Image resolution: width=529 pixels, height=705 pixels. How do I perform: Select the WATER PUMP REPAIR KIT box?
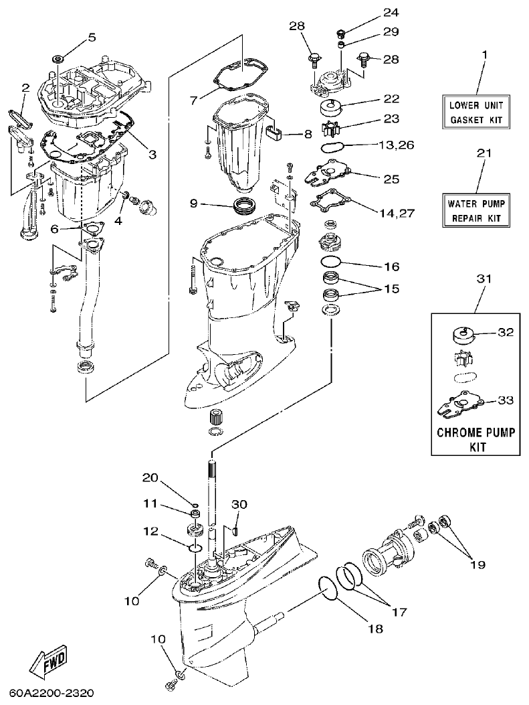point(476,210)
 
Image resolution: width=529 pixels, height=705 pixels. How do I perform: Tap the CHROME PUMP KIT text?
point(475,439)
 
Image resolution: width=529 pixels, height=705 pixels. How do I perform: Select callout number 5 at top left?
point(92,36)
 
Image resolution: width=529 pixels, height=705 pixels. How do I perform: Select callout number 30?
point(239,503)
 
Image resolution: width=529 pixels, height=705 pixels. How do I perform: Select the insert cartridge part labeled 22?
point(332,107)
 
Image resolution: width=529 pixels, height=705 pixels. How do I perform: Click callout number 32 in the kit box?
point(506,331)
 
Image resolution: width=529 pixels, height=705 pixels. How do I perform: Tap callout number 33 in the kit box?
point(506,400)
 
